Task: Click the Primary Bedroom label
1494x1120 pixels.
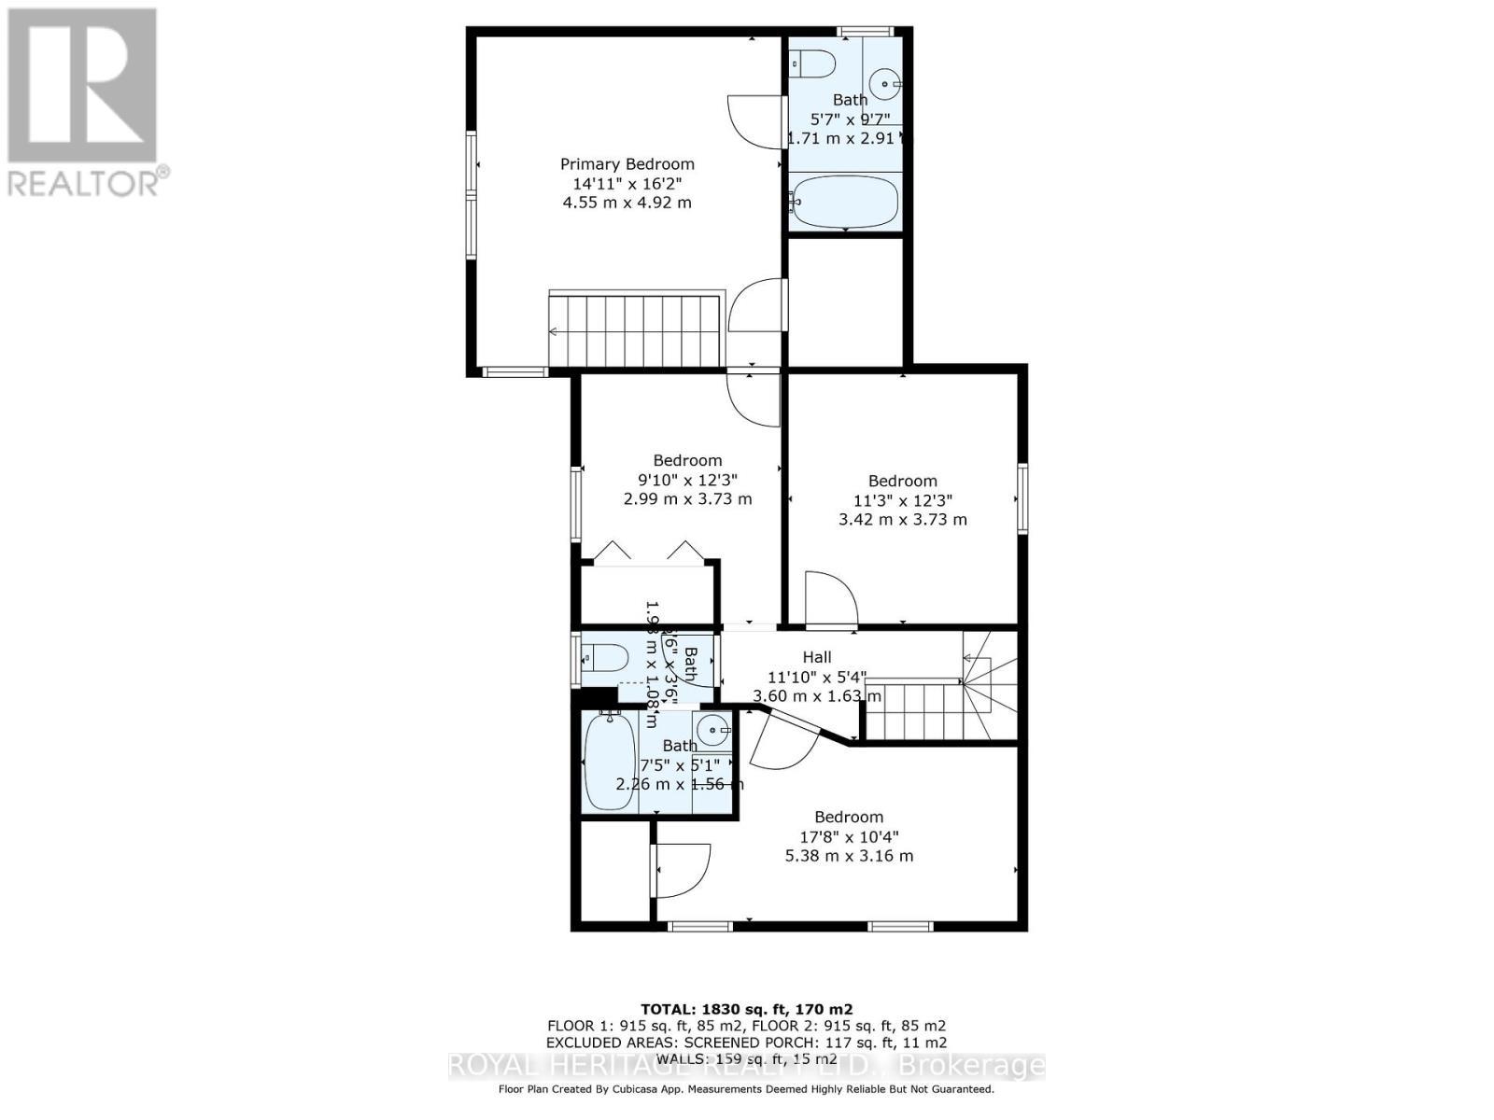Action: tap(627, 164)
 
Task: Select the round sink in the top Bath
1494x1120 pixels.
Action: tap(884, 83)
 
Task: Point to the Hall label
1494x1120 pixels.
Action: tap(816, 657)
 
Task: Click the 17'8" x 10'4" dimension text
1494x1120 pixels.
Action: tap(848, 836)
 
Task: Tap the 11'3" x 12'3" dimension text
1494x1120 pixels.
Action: tap(902, 500)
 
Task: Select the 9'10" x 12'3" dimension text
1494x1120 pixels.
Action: tap(687, 480)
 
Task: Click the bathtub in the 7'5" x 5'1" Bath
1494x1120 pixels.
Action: tap(610, 761)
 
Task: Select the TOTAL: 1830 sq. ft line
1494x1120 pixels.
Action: tap(746, 1009)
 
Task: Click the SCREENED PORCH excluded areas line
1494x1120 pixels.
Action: tap(746, 1042)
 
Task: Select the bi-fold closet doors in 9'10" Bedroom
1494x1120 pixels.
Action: tap(649, 552)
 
